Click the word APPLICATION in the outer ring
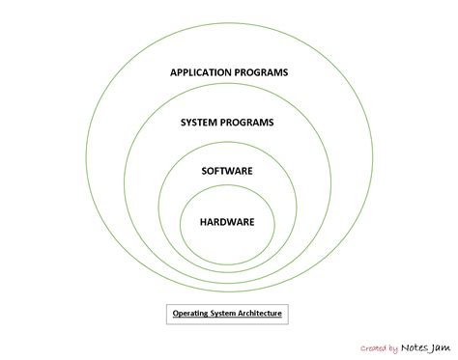[201, 72]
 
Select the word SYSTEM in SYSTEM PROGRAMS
[200, 123]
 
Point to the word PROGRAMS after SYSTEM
[248, 123]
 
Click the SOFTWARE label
[227, 171]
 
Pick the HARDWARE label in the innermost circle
[227, 222]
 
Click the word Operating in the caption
[192, 314]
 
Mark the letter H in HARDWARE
[203, 222]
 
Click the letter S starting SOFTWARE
[204, 171]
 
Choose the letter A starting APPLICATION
[174, 72]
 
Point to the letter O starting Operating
[176, 314]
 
